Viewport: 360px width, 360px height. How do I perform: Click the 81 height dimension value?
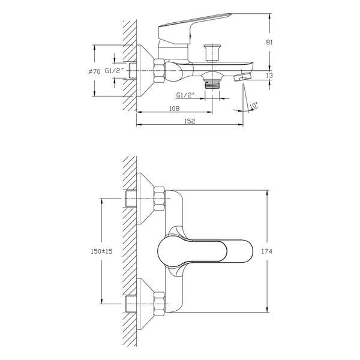(269, 42)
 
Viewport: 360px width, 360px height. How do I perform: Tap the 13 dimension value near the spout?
(269, 76)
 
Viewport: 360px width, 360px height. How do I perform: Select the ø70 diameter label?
(95, 71)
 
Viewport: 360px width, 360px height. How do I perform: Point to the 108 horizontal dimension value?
(174, 109)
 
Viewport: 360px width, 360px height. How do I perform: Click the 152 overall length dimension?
(190, 121)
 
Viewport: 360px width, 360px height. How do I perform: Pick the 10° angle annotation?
(253, 105)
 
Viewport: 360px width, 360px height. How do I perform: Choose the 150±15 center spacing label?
(101, 251)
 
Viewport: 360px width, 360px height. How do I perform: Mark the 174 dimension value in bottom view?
(267, 251)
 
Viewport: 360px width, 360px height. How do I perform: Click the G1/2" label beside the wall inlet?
(115, 71)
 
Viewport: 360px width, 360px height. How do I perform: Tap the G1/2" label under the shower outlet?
(185, 95)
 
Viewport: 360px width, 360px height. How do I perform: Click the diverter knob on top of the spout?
(212, 53)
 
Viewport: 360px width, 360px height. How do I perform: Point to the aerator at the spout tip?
(242, 77)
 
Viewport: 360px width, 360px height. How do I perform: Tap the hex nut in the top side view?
(159, 71)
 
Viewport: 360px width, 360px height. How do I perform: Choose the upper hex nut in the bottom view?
(159, 199)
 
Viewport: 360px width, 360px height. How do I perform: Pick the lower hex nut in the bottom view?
(159, 304)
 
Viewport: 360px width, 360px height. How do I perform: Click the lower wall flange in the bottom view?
(145, 304)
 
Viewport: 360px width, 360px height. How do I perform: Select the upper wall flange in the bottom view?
(145, 199)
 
